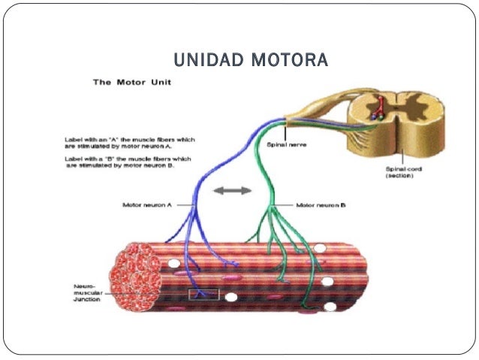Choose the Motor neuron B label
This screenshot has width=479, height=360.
321,204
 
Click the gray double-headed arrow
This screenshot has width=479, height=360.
232,191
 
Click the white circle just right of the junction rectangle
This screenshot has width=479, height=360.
231,298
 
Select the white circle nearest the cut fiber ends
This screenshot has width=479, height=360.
174,264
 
